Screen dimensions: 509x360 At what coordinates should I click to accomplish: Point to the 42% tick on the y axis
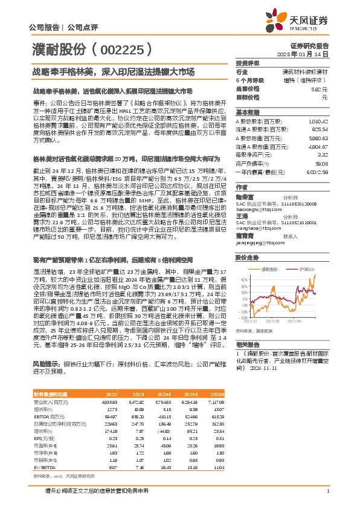coord(244,262)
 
